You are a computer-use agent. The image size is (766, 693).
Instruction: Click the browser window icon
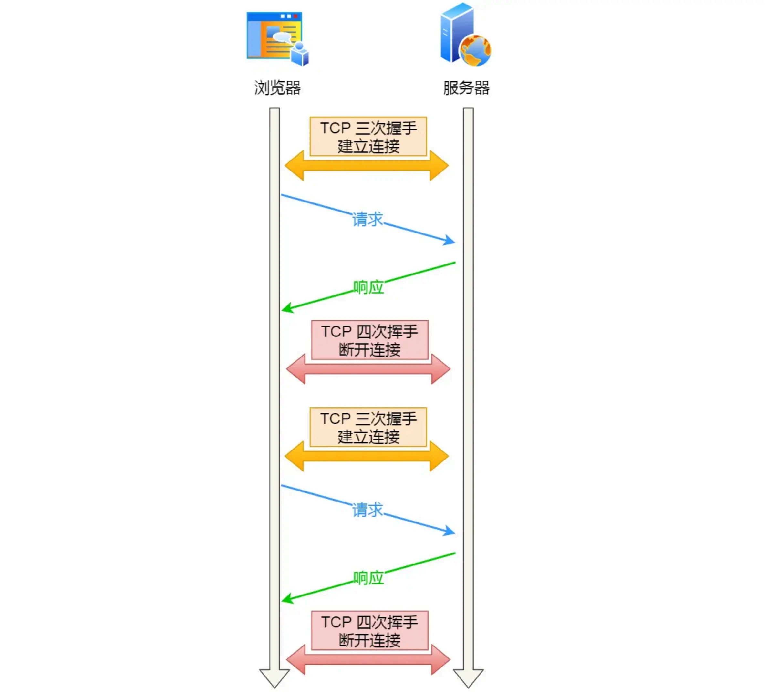274,36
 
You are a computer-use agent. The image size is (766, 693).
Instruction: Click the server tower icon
457,32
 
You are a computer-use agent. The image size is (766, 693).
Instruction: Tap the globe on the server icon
475,50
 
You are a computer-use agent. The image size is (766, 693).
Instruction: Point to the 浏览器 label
277,88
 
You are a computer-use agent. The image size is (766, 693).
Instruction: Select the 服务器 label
466,88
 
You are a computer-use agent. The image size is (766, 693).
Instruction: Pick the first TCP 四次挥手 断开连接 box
370,340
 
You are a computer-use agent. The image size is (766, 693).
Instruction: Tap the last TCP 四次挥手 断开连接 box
370,631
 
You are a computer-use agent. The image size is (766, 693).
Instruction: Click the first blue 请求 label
367,220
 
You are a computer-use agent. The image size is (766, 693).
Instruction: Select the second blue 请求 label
367,510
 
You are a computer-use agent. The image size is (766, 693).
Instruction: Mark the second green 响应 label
368,578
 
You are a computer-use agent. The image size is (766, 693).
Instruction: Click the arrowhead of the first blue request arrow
450,241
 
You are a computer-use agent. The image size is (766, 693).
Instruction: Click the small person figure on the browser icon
300,54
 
